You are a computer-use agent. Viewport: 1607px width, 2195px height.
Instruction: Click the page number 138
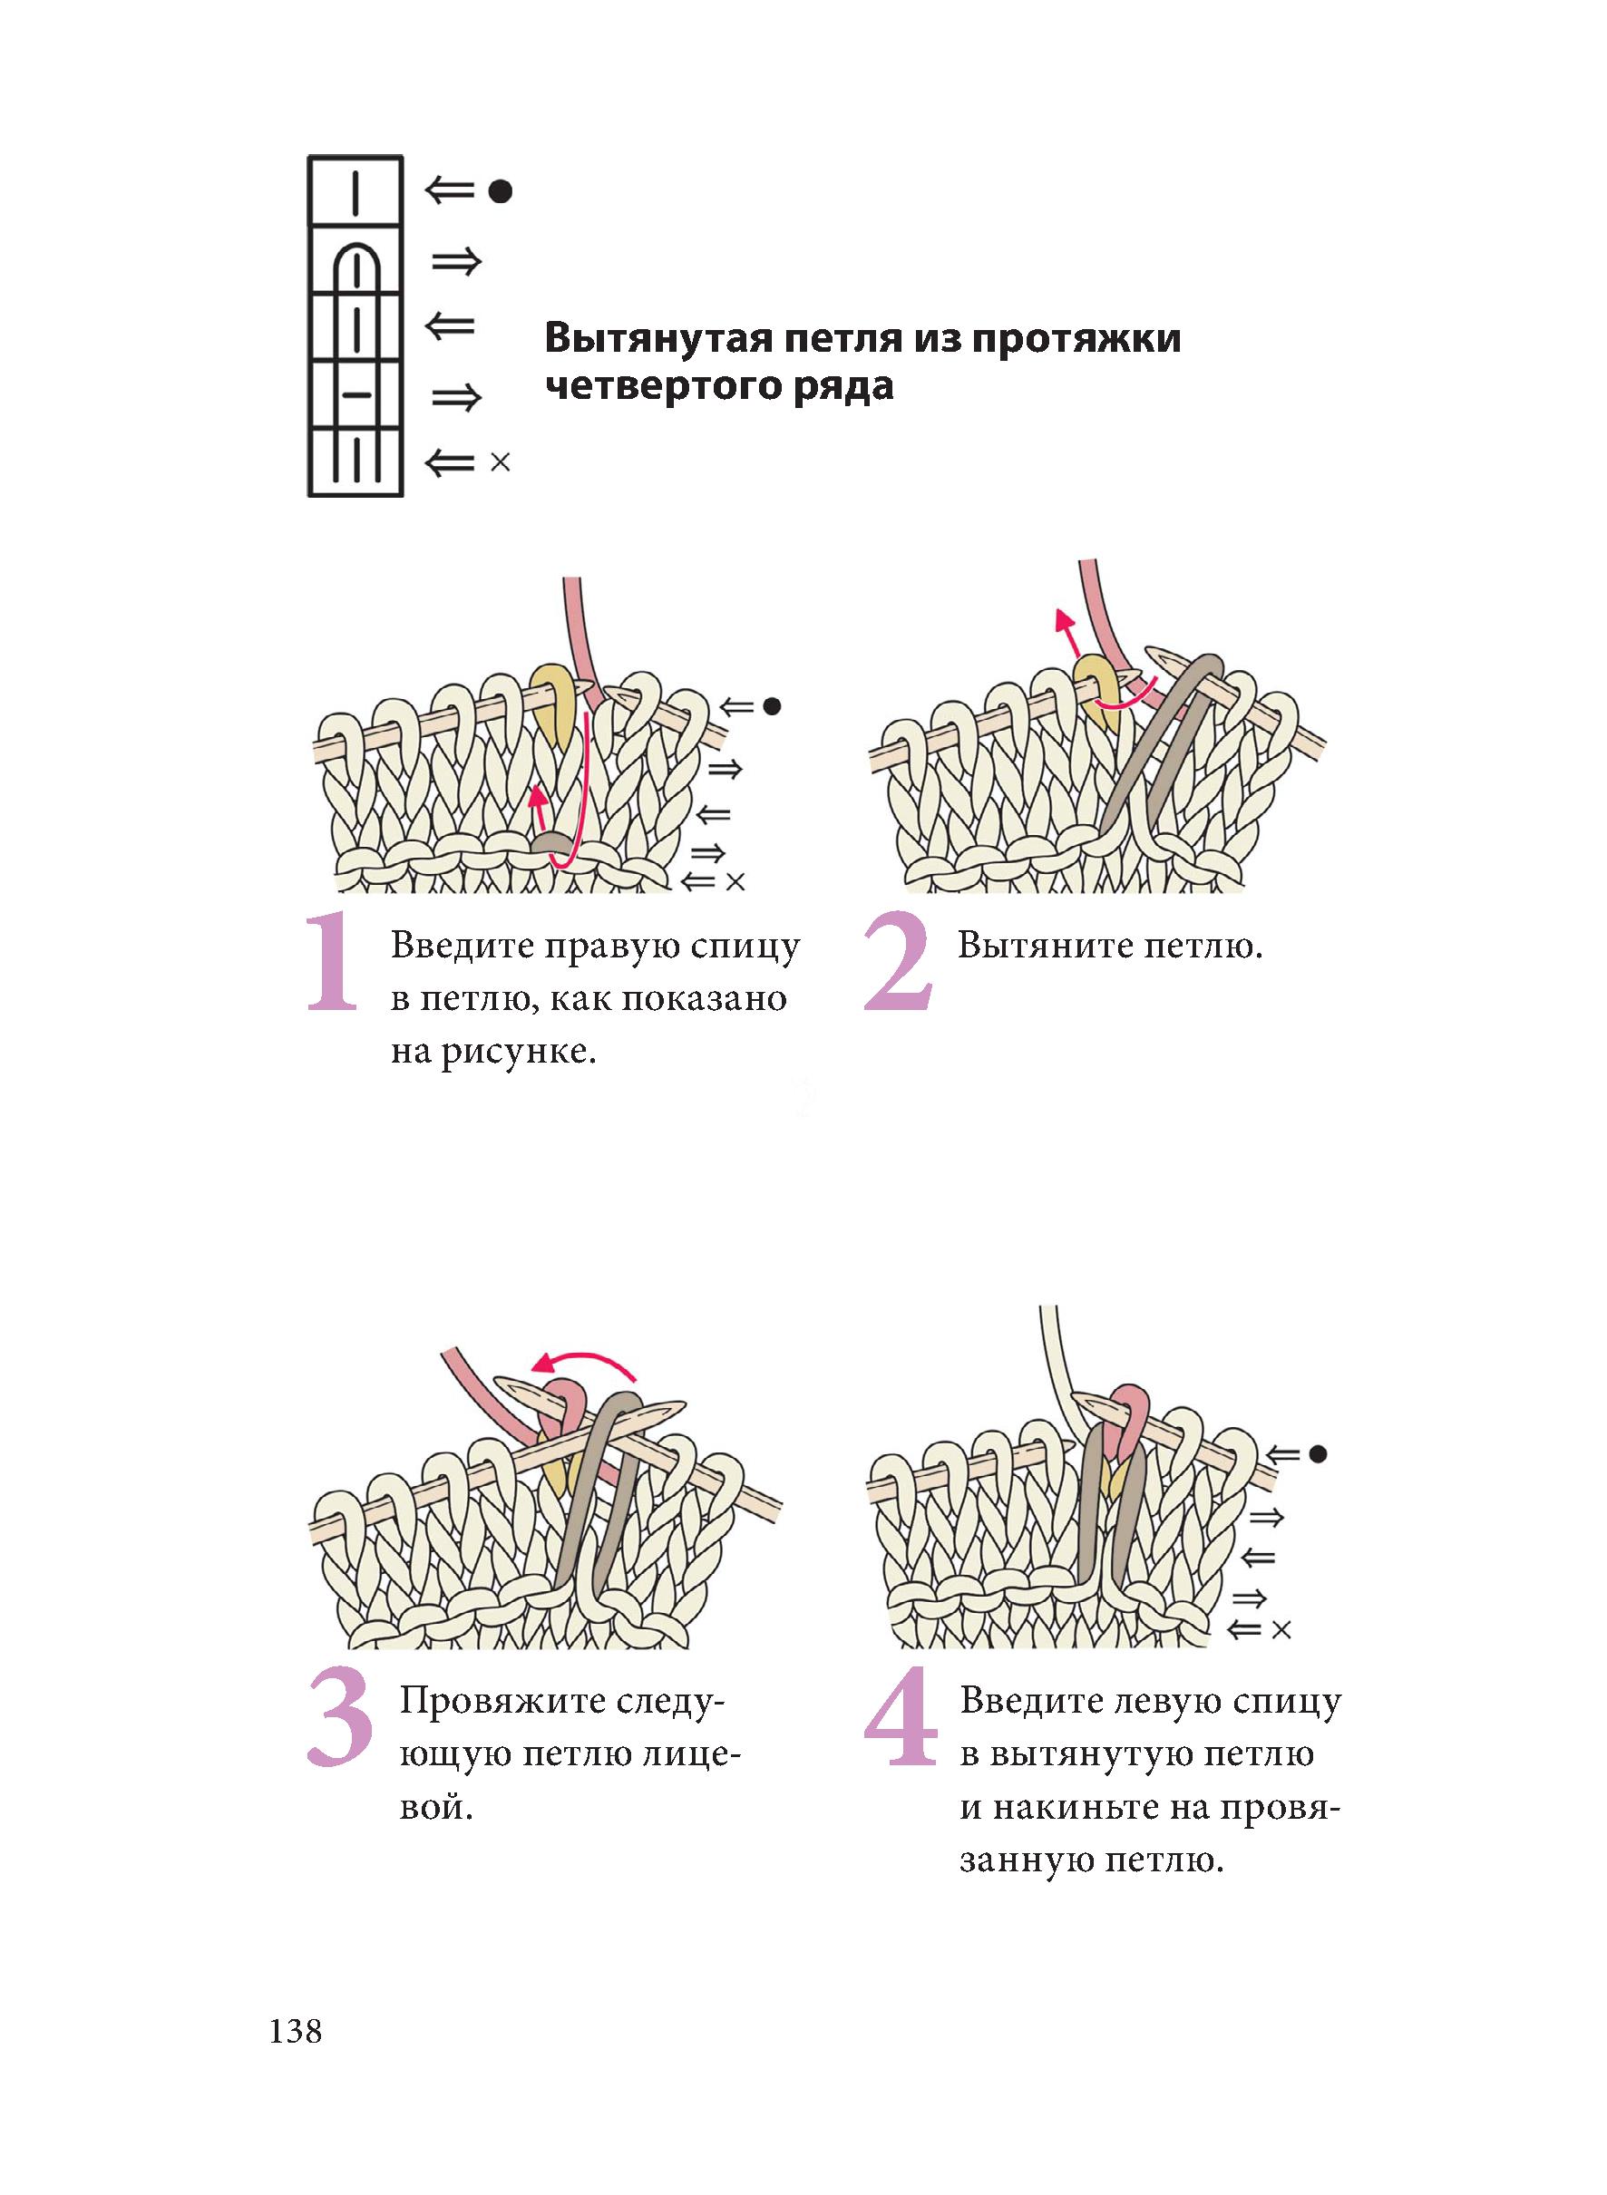coord(295,2032)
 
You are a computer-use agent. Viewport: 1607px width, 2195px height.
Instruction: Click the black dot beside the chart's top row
coord(500,191)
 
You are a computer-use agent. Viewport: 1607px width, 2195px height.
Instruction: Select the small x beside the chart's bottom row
coord(500,462)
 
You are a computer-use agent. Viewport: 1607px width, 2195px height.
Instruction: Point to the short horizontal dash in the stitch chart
coord(357,395)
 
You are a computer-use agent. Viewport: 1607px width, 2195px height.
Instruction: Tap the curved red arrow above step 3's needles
coord(584,1362)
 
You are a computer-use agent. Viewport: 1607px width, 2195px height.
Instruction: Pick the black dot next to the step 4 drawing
coord(1318,1454)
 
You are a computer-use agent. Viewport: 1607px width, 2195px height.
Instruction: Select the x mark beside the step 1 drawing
coord(735,882)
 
